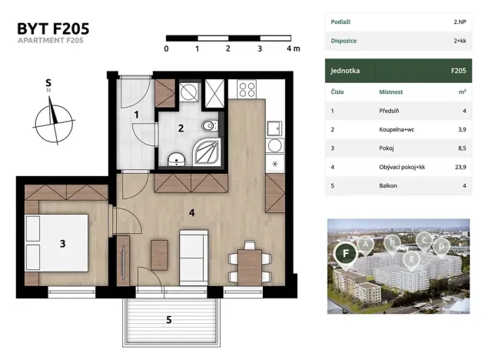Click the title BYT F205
(x=53, y=28)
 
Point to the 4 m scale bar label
(x=292, y=48)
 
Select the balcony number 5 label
(x=169, y=318)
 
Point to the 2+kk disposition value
(x=460, y=40)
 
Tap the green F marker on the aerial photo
(x=345, y=252)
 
